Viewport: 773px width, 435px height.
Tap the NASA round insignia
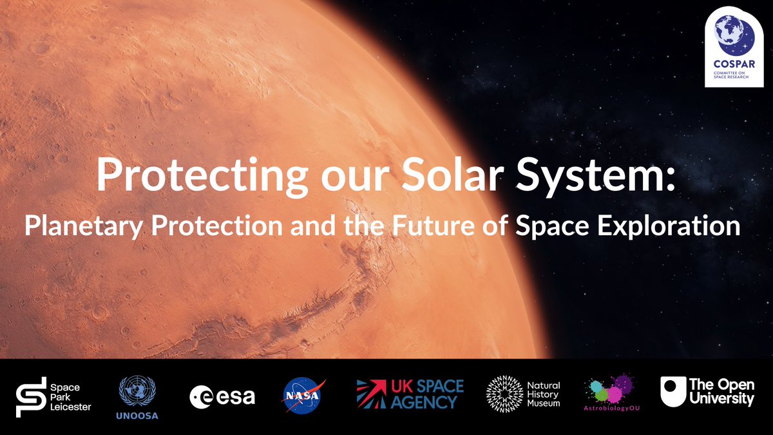304,394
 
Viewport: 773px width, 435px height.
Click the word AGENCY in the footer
426,401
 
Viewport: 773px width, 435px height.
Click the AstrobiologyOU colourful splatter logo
609,389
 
